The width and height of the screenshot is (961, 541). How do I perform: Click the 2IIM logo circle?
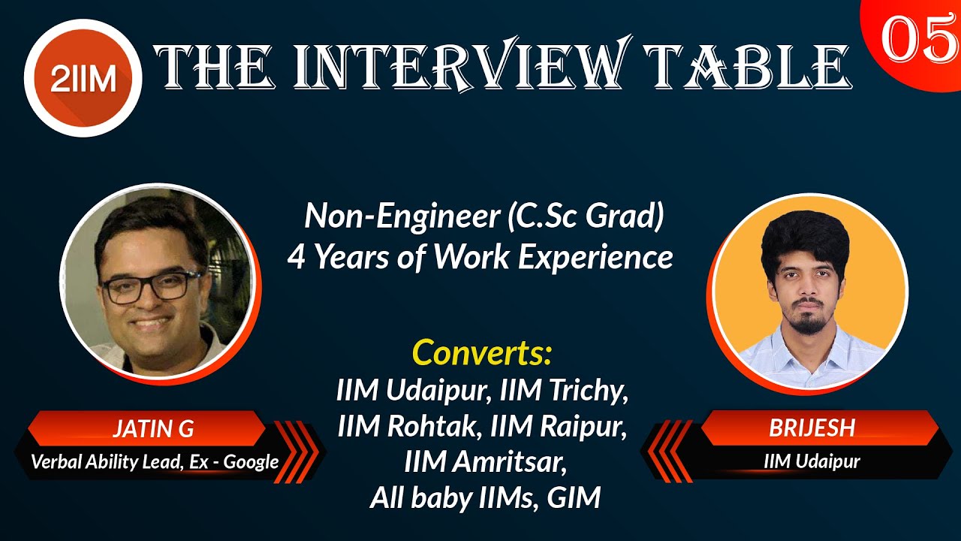pyautogui.click(x=83, y=77)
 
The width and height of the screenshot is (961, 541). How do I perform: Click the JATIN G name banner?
pyautogui.click(x=153, y=429)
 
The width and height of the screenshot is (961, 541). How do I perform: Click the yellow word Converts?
pyautogui.click(x=482, y=352)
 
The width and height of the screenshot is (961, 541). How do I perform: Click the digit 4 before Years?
pyautogui.click(x=297, y=258)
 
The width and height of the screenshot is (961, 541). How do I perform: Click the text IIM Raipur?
pyautogui.click(x=559, y=426)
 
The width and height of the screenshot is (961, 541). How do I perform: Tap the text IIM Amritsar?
pyautogui.click(x=484, y=461)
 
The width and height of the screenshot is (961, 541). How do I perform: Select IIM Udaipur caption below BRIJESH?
pyautogui.click(x=812, y=461)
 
